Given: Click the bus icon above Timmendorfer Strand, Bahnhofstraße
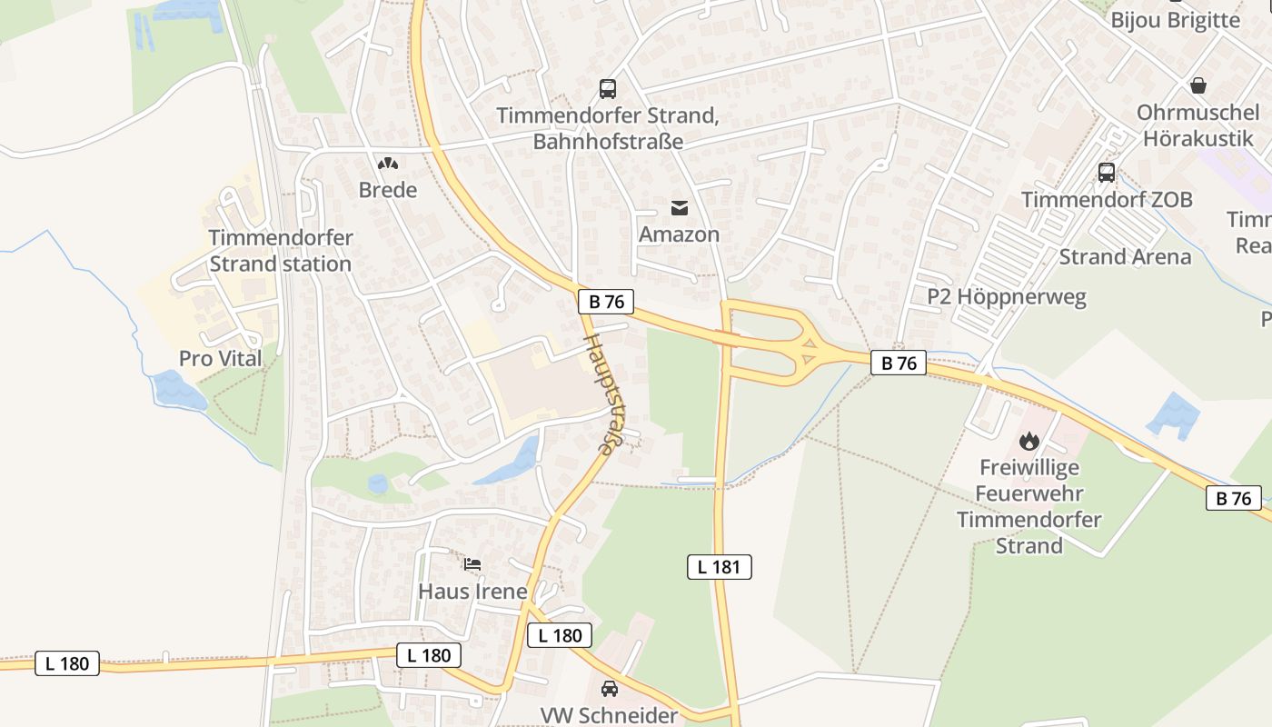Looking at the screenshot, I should (x=608, y=89).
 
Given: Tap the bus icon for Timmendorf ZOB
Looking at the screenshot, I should (x=1107, y=173).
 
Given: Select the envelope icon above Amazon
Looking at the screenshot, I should (x=680, y=208).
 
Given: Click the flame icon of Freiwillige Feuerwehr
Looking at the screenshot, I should (x=1029, y=442).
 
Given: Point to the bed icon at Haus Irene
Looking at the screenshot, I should (x=472, y=564).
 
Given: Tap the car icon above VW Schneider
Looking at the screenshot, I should (x=610, y=688).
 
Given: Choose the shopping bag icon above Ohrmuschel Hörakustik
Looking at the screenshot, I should (x=1198, y=85).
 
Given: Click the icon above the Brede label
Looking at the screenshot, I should (x=388, y=164).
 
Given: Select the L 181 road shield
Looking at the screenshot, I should (x=719, y=567).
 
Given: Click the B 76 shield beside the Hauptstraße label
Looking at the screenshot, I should (x=606, y=302).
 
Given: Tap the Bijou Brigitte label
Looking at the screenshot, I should (x=1175, y=20).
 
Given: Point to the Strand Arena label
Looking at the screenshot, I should (x=1125, y=257).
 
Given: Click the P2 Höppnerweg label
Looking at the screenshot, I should (x=1006, y=297).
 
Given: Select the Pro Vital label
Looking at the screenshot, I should (x=220, y=359).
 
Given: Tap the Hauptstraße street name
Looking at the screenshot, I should (x=603, y=393).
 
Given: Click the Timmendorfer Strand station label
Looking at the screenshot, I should (x=280, y=251).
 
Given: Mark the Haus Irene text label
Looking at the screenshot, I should (x=472, y=592).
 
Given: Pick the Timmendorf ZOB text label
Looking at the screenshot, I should (x=1107, y=200).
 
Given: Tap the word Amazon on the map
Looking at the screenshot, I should (x=679, y=234).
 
